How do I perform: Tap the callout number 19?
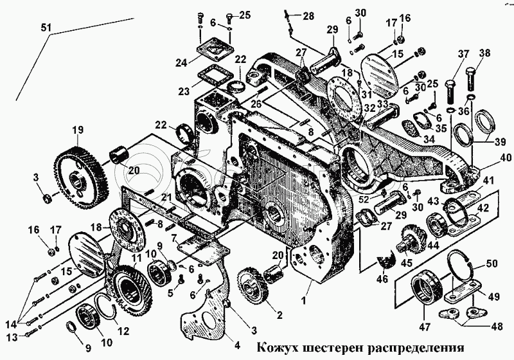78,130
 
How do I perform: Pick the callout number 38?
484,53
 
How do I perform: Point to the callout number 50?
492,264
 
